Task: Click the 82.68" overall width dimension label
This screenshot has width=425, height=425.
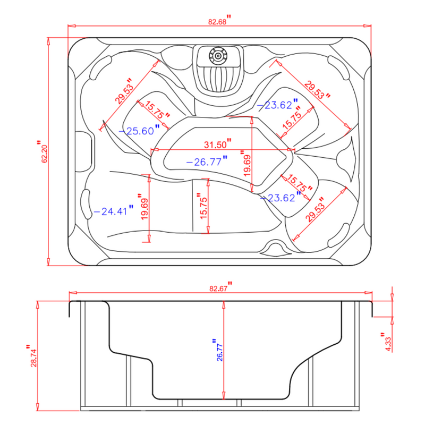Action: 218,22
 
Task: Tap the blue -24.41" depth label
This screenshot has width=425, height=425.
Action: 110,211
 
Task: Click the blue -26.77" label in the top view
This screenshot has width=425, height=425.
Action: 205,163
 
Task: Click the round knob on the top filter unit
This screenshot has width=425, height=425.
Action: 218,54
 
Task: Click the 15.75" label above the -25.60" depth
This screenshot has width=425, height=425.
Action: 157,110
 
